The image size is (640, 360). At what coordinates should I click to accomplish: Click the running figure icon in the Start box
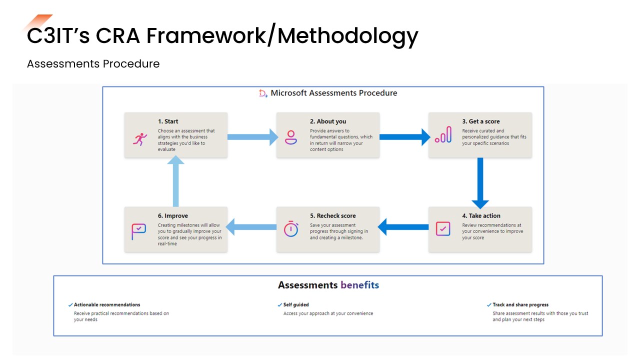[140, 138]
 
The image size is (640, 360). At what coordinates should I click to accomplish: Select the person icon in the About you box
[290, 137]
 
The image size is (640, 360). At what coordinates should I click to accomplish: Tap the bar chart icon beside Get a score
[443, 135]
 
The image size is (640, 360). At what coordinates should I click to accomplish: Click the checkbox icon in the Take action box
[443, 229]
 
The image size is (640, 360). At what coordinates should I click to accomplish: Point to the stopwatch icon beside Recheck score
[290, 229]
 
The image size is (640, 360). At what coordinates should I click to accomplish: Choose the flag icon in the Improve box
[138, 231]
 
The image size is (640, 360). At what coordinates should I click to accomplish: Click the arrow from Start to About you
[252, 136]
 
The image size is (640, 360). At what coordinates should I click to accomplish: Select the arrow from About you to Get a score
[404, 136]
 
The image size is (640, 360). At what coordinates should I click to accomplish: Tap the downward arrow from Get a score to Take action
[480, 182]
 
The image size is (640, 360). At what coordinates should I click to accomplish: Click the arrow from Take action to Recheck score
[403, 226]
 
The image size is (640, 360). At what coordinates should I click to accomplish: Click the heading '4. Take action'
[481, 216]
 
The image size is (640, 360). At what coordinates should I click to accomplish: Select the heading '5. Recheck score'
[332, 216]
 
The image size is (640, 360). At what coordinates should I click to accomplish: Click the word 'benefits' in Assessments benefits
[359, 285]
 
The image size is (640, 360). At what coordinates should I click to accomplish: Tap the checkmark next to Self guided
[279, 304]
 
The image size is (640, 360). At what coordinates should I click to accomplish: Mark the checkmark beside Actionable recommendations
[70, 304]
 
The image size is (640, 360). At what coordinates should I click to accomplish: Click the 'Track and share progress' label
[520, 304]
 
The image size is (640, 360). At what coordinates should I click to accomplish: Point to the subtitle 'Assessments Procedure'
[93, 64]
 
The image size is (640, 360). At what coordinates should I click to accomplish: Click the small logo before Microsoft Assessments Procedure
[263, 93]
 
